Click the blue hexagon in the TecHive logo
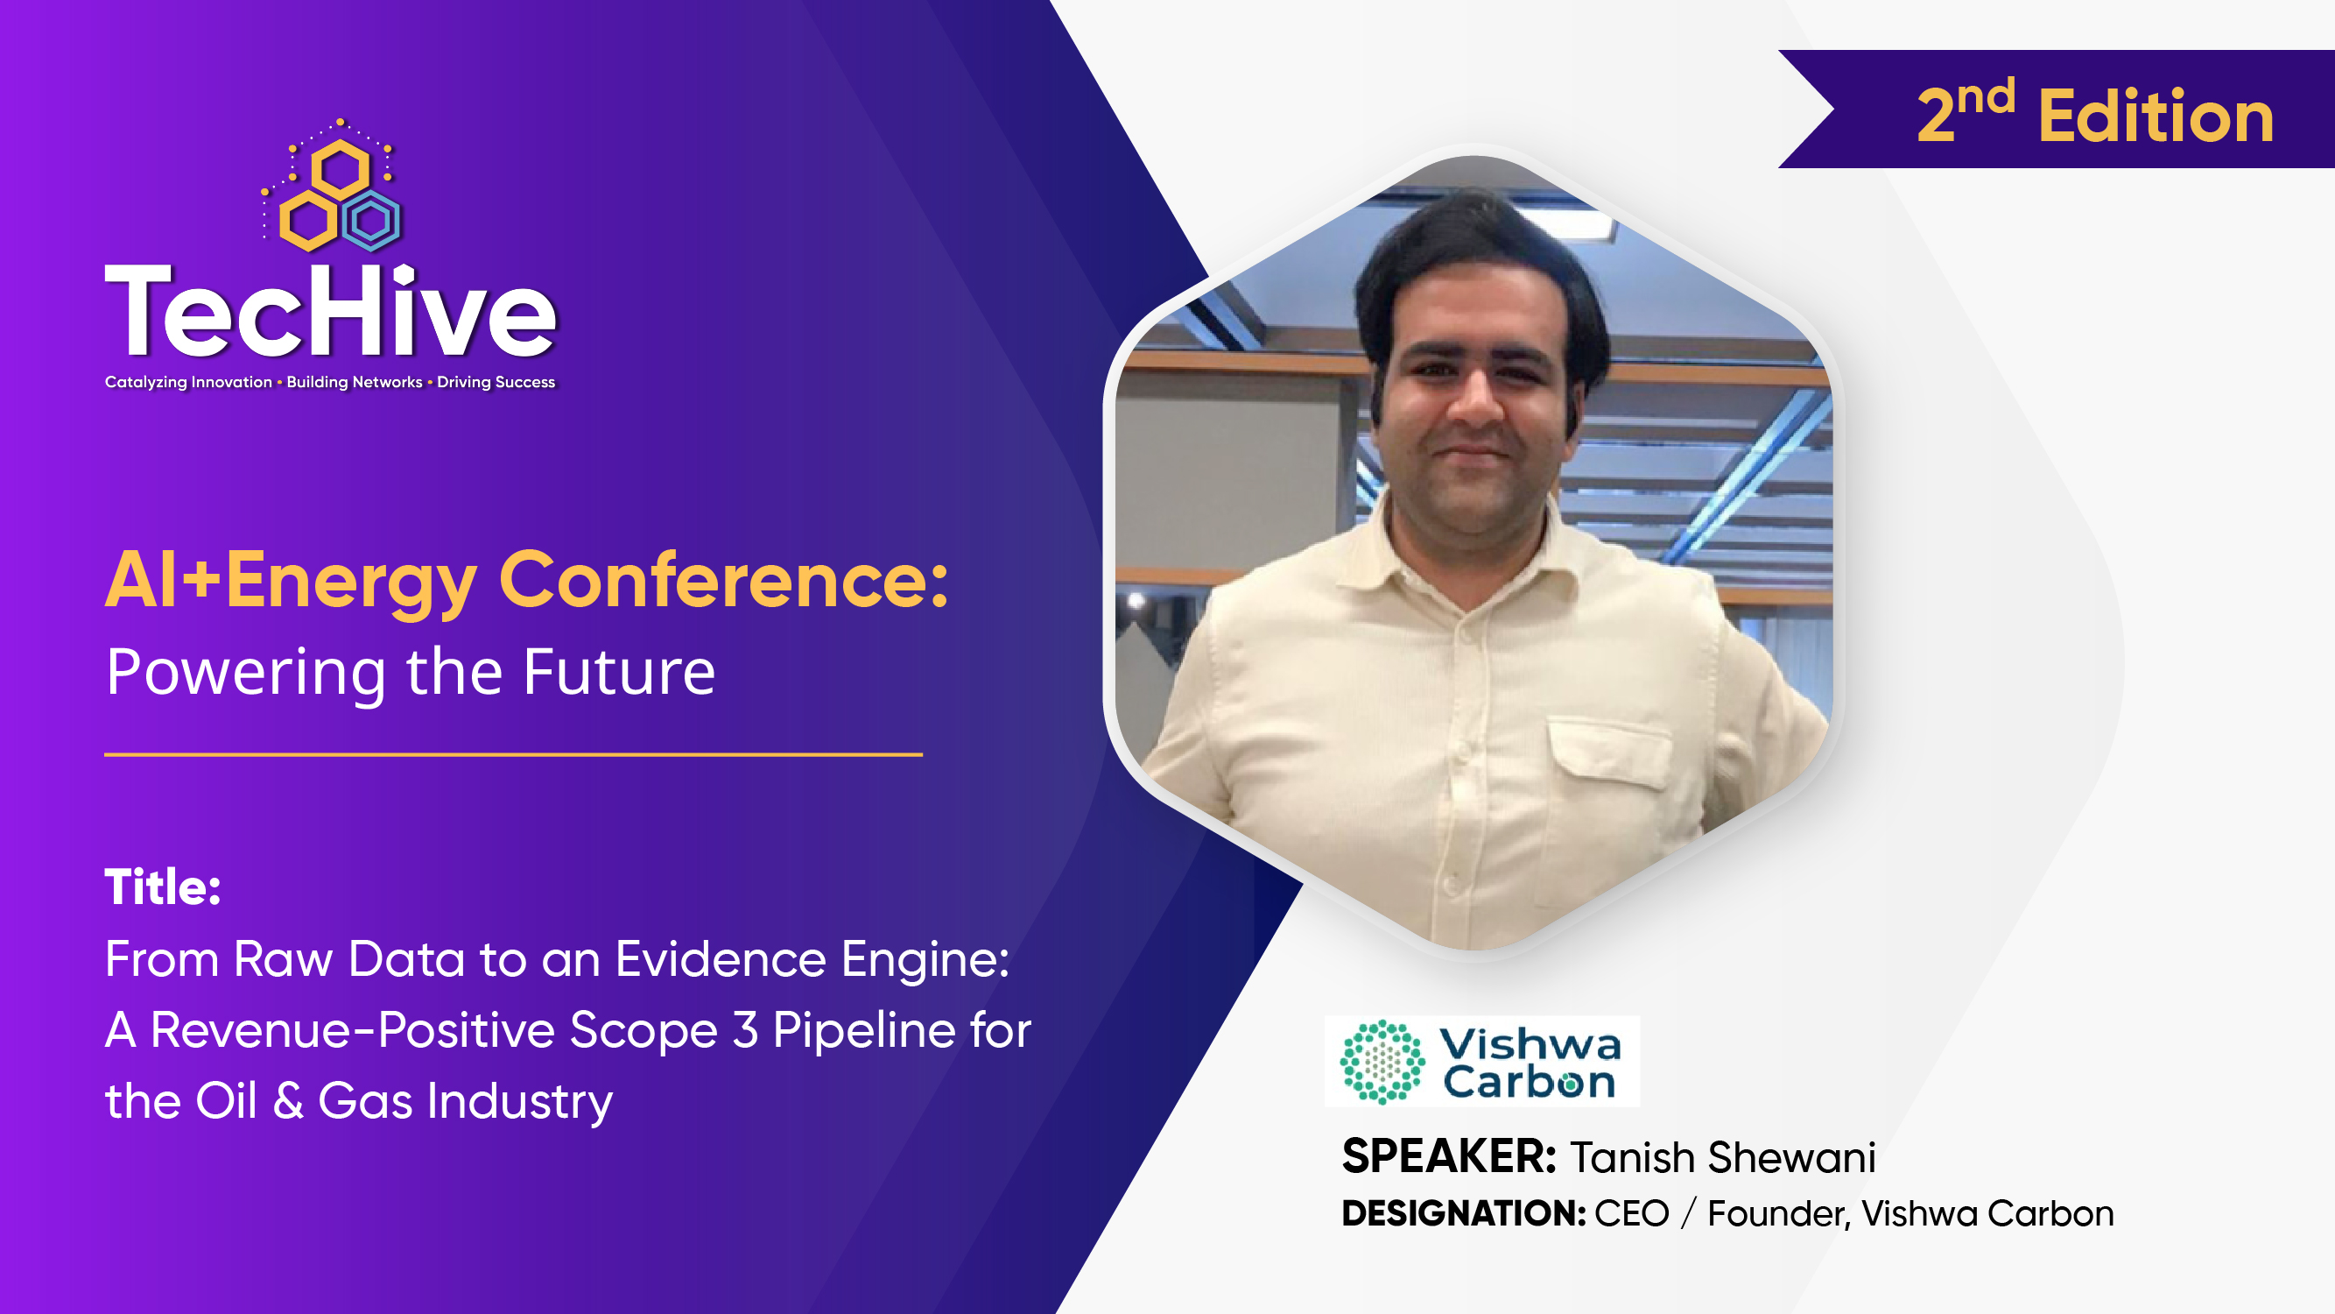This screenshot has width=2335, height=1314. coord(371,220)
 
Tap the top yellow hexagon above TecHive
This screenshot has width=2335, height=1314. coord(340,170)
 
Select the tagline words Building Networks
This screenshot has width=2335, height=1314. coord(355,382)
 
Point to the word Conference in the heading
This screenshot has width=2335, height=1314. coord(723,581)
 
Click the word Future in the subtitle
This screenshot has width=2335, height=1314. coord(619,672)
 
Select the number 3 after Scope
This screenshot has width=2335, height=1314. coord(745,1030)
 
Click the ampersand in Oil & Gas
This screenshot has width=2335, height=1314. coord(288,1101)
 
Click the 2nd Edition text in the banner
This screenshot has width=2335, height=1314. coord(2095,115)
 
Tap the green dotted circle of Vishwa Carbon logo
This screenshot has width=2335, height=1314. coord(1382,1062)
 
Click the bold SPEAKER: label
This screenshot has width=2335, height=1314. coord(1448,1156)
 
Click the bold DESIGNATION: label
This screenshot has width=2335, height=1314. coord(1463,1213)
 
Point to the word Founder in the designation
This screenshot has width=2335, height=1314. coord(1776,1213)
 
